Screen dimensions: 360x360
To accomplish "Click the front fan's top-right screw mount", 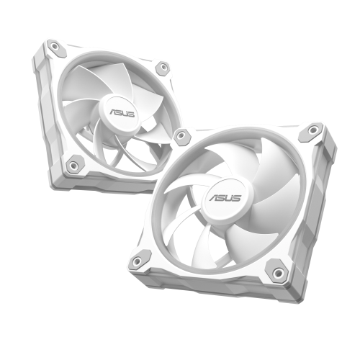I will (313, 130).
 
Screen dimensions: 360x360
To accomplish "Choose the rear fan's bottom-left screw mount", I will (73, 165).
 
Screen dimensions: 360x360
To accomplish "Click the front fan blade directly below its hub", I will (230, 241).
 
